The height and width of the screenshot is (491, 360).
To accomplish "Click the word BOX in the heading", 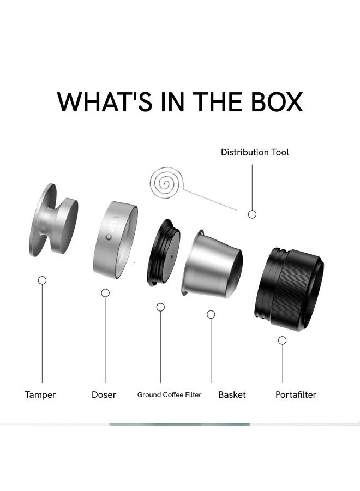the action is pyautogui.click(x=277, y=102).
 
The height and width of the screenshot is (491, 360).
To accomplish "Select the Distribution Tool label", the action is pyautogui.click(x=255, y=153).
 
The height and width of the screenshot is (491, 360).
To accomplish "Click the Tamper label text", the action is pyautogui.click(x=40, y=394).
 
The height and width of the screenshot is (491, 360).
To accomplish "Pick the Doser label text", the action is pyautogui.click(x=104, y=394).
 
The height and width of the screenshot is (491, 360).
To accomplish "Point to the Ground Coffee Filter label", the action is pyautogui.click(x=169, y=394).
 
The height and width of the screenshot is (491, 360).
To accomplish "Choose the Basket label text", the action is pyautogui.click(x=232, y=394).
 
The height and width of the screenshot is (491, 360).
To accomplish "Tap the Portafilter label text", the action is pyautogui.click(x=296, y=394).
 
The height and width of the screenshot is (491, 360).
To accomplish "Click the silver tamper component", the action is pyautogui.click(x=53, y=220).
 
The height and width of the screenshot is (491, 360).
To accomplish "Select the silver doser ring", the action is pyautogui.click(x=115, y=240).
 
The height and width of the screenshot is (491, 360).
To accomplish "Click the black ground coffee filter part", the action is pyautogui.click(x=164, y=253).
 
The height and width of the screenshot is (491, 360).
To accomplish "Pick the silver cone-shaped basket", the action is pyautogui.click(x=212, y=263).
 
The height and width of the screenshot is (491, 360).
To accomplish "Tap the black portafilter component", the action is pyautogui.click(x=289, y=289).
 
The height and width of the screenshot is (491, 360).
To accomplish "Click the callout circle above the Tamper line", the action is pyautogui.click(x=42, y=280).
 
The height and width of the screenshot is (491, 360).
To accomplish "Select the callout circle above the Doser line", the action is pyautogui.click(x=105, y=293).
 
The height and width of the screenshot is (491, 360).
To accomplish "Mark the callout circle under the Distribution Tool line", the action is pyautogui.click(x=252, y=214).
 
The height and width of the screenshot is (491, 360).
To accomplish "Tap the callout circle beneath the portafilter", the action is pyautogui.click(x=283, y=340).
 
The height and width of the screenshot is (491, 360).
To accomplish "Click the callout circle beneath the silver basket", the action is pyautogui.click(x=211, y=314).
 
